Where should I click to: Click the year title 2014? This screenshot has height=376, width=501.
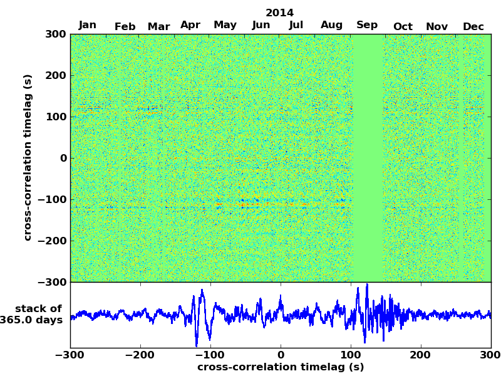click(x=279, y=13)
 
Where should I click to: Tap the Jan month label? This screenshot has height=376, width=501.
click(x=88, y=25)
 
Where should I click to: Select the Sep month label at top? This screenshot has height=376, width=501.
click(x=367, y=25)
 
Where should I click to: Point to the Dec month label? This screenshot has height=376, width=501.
click(x=473, y=26)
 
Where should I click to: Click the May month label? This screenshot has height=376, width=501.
click(x=225, y=25)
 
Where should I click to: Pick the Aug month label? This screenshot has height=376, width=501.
click(x=332, y=25)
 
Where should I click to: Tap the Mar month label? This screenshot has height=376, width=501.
click(x=158, y=26)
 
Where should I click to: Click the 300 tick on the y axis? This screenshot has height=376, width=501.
click(x=56, y=34)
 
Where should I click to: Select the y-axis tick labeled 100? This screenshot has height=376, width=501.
click(x=56, y=117)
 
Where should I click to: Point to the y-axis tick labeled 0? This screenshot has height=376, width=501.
click(x=63, y=158)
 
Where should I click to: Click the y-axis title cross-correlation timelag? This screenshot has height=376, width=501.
click(x=28, y=157)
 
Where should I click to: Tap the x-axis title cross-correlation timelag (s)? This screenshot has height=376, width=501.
click(x=281, y=367)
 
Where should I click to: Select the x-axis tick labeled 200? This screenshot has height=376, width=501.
click(x=421, y=355)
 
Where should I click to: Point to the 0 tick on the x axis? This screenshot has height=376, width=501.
click(x=281, y=355)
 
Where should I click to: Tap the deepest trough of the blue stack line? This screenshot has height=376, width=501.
click(x=196, y=346)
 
